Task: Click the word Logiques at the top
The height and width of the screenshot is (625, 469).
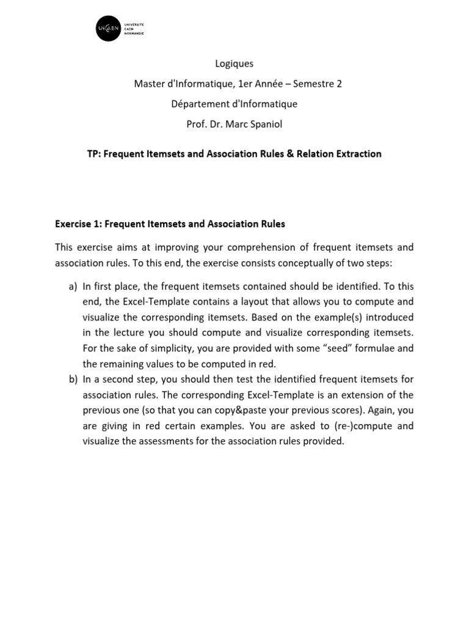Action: pyautogui.click(x=234, y=63)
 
